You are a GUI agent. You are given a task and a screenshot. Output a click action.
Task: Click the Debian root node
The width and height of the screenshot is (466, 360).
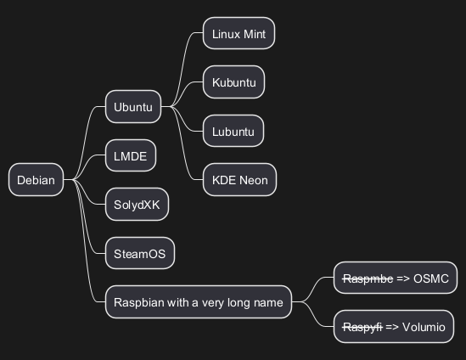[x=36, y=179]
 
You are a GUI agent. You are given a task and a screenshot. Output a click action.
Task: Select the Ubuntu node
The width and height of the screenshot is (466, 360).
[x=133, y=106]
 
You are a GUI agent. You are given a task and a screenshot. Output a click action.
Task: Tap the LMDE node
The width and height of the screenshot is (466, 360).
[x=131, y=155]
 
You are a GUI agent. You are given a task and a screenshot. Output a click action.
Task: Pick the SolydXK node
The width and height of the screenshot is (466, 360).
[x=137, y=205]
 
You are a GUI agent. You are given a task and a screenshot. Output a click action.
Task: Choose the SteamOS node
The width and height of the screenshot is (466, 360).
[x=140, y=253]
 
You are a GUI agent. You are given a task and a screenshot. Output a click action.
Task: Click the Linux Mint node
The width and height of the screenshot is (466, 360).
[x=239, y=33]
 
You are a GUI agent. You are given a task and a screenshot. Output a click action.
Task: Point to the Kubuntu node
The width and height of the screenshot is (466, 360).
[x=234, y=82]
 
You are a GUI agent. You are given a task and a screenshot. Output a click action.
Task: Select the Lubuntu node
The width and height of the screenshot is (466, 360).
[x=233, y=131]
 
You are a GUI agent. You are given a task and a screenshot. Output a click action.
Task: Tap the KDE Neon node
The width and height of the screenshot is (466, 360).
[x=240, y=179]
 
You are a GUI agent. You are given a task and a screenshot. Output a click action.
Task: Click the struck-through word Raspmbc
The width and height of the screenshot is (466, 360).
[x=368, y=278]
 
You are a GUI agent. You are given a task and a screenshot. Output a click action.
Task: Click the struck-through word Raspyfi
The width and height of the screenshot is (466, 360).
[x=362, y=327]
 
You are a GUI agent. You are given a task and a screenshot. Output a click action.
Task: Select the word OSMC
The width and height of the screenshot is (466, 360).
[x=431, y=278]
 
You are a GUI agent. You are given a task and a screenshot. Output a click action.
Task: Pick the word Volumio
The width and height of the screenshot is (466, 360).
[x=424, y=327]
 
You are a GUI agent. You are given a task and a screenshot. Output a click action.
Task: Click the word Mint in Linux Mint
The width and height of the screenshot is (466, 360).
[x=255, y=34]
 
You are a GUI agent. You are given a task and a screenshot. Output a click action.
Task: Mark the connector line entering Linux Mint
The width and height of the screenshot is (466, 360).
[x=182, y=69]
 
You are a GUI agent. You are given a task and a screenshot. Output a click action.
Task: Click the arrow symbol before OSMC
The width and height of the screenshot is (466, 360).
[x=403, y=278]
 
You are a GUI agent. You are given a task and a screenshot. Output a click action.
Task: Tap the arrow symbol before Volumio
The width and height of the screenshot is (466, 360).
[x=392, y=327]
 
